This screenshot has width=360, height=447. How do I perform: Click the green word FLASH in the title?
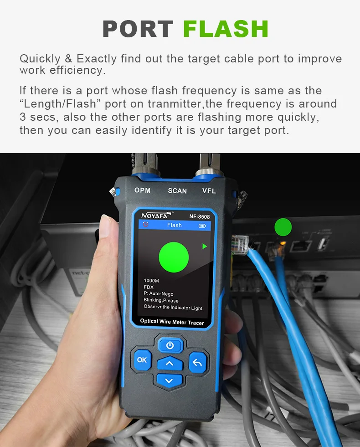(x=226, y=29)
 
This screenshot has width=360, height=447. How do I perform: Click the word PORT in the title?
(x=138, y=29)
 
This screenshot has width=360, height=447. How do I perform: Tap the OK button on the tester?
(x=142, y=360)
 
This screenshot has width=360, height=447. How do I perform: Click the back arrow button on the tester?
(x=197, y=362)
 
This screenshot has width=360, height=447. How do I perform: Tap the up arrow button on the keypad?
(x=170, y=363)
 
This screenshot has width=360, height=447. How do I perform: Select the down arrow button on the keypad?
(x=169, y=380)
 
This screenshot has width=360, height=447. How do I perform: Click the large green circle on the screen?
(x=174, y=257)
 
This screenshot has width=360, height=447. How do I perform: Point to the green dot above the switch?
(x=283, y=227)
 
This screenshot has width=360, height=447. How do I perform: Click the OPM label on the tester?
(x=142, y=190)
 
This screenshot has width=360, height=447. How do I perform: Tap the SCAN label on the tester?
(x=177, y=191)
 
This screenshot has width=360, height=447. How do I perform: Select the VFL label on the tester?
(x=209, y=191)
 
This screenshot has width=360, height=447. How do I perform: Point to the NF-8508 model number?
(x=200, y=216)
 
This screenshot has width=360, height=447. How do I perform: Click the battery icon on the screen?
(x=202, y=226)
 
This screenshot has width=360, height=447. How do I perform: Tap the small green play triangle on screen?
(x=204, y=247)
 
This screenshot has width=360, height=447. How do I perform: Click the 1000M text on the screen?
(x=151, y=281)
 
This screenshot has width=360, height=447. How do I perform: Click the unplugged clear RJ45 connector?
(x=240, y=244)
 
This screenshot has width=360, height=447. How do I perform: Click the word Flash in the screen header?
(x=175, y=225)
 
